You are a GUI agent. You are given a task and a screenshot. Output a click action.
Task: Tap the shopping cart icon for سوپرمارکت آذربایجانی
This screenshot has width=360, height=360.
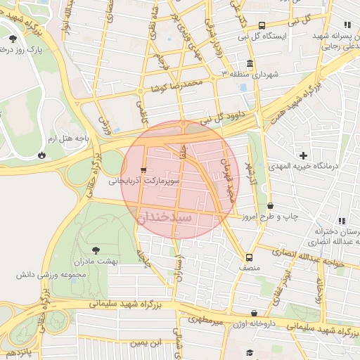pos(144,169)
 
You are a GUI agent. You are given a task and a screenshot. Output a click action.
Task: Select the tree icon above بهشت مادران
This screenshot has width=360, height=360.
pos(96,250)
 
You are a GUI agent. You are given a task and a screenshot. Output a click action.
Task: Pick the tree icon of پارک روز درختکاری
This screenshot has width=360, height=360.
pos(13,39)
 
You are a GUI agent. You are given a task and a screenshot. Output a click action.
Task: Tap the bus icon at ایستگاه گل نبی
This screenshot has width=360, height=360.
pos(262,25)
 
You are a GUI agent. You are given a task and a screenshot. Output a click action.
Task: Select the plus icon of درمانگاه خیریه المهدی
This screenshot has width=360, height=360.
pos(303,155)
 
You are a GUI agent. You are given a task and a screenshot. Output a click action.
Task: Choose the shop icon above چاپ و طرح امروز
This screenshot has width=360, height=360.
pos(271,206)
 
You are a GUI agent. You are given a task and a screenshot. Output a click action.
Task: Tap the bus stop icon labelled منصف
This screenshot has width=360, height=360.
pos(249,257)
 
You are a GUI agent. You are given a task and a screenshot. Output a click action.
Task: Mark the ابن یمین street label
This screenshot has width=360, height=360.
pos(146,342)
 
